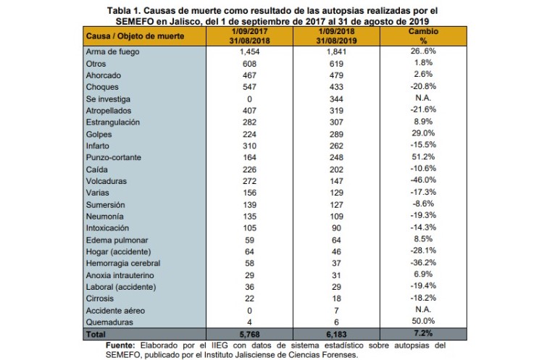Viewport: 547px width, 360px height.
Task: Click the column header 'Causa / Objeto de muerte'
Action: [135, 36]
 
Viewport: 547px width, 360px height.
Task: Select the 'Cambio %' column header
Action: [423, 36]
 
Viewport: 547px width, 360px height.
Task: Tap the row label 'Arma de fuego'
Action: [113, 51]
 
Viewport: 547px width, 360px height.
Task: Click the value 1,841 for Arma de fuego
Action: [336, 51]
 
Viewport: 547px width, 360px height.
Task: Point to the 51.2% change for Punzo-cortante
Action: [423, 156]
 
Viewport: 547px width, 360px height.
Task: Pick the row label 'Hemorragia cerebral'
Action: [123, 263]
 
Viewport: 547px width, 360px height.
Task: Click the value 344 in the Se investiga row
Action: [336, 99]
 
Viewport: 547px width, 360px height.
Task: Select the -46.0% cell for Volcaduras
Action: [423, 180]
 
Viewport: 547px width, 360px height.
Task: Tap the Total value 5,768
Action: [249, 334]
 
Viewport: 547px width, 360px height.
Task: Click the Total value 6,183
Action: [336, 334]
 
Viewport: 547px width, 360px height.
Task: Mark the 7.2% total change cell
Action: [423, 333]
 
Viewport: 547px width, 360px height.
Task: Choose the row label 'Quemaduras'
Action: [109, 322]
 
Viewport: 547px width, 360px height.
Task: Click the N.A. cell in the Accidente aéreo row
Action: [423, 309]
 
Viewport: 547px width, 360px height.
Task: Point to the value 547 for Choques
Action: [249, 87]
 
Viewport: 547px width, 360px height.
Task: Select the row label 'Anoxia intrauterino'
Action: [120, 275]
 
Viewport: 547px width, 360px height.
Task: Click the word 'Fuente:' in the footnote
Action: [120, 346]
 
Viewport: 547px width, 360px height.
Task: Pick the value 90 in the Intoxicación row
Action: [336, 227]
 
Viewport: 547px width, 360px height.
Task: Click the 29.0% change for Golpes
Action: [423, 133]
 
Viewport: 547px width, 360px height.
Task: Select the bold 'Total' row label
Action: [96, 334]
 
